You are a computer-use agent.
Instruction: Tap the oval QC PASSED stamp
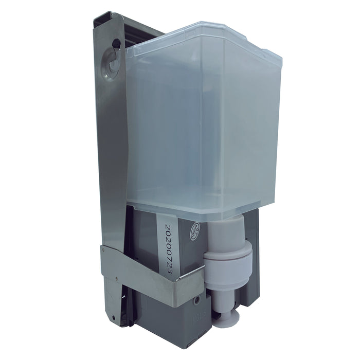(x=197, y=227)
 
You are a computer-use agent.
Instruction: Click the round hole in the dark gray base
(x=197, y=299)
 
